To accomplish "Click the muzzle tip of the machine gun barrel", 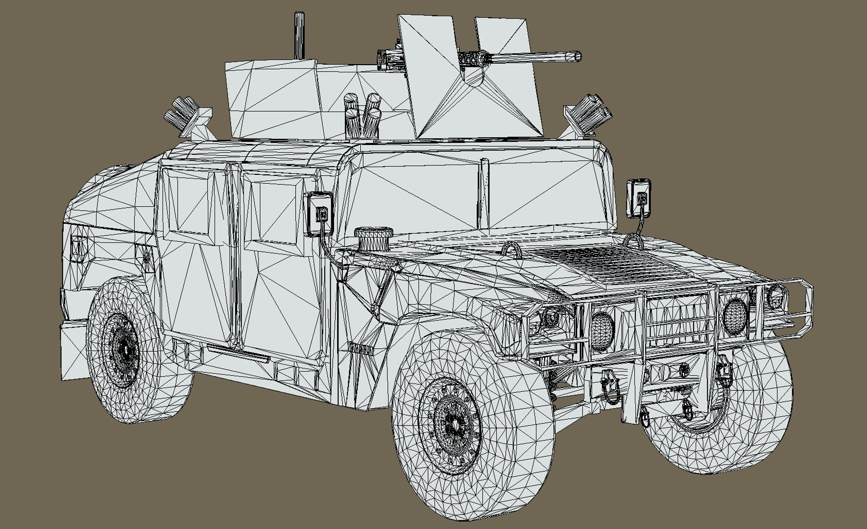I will (x=578, y=56).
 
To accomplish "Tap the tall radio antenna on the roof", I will (x=298, y=37).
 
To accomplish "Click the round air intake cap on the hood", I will (x=371, y=239).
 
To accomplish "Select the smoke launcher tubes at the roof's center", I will (x=362, y=115).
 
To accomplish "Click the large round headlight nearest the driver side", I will (x=602, y=331).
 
